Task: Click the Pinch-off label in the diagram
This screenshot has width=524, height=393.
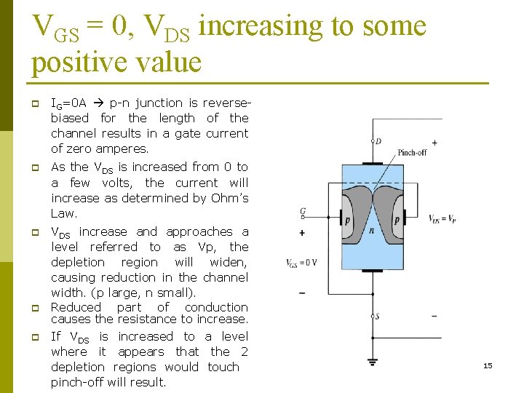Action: pos(412,153)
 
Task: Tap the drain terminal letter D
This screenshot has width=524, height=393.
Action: pos(378,141)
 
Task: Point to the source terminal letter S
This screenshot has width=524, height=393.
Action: pos(376,317)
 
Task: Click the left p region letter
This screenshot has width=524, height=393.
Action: pos(347,219)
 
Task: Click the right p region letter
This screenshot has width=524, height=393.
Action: pos(397,219)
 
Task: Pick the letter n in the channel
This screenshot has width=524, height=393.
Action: pos(372,230)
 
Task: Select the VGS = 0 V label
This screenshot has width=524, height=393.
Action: pos(301,263)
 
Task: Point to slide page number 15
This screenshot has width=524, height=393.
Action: pos(488,365)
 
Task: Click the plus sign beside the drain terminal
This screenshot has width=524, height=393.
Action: pos(434,143)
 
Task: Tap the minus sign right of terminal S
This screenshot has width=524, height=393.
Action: pos(434,316)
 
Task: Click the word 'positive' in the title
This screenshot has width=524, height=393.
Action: pos(76,62)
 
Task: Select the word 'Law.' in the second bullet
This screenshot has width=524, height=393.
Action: pos(64,213)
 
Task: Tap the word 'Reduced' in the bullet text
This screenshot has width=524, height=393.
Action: pos(76,307)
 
